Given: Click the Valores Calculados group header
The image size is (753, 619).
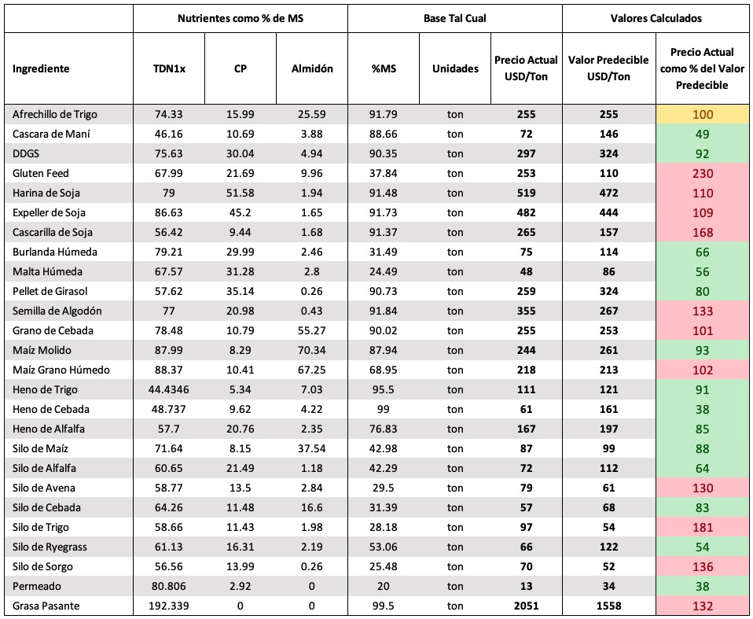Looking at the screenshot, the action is (656, 19).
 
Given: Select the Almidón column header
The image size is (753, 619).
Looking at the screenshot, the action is (312, 68).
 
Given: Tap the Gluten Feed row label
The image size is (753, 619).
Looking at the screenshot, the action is (41, 174).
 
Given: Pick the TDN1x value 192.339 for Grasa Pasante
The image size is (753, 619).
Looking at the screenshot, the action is (168, 606).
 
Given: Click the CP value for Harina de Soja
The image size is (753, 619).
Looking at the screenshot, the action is (240, 193).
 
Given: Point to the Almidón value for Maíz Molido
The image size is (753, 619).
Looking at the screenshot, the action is (312, 350).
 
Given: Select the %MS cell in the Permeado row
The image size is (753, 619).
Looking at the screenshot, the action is (384, 586).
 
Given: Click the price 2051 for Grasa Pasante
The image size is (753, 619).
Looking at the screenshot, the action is (527, 606).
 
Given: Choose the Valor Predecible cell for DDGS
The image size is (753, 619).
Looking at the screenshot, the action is (609, 154).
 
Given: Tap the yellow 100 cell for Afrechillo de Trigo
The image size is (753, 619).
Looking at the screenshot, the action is (703, 114).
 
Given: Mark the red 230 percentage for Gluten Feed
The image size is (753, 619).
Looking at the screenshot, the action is (703, 174).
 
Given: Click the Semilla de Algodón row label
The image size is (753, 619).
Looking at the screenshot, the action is (57, 311).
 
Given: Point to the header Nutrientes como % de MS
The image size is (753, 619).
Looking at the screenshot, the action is (241, 19).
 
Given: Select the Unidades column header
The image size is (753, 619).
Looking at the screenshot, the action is (455, 68).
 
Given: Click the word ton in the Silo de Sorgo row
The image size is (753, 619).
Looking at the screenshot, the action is (455, 566).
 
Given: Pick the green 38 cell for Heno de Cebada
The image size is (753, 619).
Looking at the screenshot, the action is (703, 410).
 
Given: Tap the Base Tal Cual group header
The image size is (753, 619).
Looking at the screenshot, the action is (455, 19).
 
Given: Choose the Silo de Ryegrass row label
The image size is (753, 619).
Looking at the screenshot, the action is (50, 547).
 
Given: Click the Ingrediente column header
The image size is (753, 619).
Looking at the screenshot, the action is (41, 68).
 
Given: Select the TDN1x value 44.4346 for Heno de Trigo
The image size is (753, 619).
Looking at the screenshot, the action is (168, 390).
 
